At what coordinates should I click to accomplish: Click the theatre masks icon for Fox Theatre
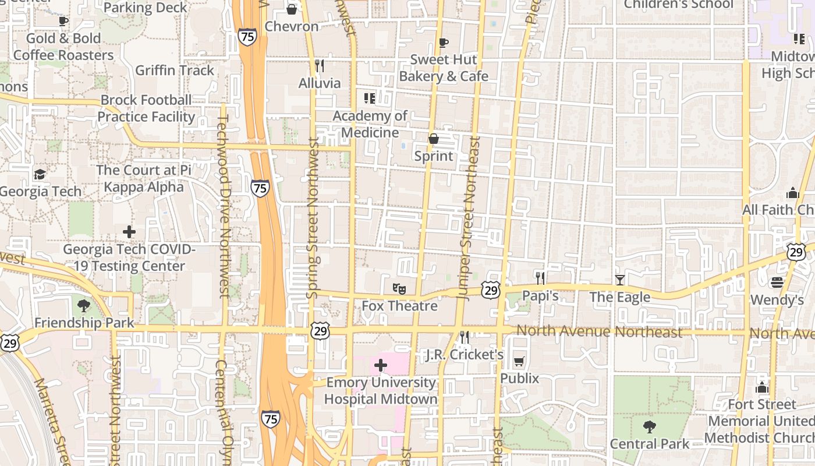(399, 288)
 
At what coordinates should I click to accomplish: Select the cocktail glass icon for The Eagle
(619, 280)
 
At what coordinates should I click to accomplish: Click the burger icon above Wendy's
(777, 283)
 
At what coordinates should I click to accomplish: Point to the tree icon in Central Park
(650, 427)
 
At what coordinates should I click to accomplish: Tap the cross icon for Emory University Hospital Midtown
(381, 365)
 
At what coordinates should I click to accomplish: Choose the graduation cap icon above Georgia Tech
(40, 174)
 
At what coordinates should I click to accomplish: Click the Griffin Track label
(175, 70)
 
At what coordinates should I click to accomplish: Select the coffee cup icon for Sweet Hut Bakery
(444, 43)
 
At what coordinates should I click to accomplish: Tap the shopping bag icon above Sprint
(434, 139)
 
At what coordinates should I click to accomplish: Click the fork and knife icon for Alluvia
(319, 65)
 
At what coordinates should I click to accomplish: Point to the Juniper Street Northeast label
(470, 218)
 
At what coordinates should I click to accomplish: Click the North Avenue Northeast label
(599, 332)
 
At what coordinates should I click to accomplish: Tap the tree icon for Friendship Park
(84, 305)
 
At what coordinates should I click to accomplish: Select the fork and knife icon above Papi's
(540, 278)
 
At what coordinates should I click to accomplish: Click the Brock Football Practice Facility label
(146, 108)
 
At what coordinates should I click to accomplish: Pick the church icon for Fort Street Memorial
(761, 387)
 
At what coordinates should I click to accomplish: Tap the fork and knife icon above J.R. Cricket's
(465, 337)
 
